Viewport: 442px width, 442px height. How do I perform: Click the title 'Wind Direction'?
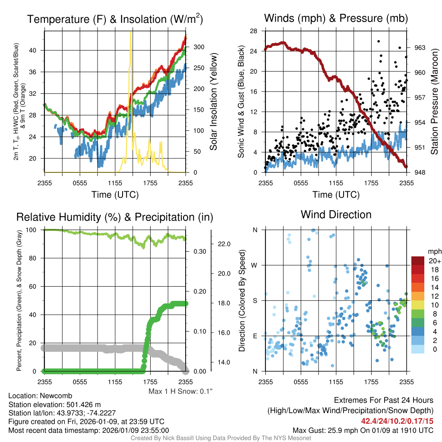(336, 215)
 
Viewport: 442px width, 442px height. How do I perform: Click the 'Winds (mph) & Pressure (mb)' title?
(336, 19)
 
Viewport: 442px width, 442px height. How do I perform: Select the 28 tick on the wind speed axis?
(254, 31)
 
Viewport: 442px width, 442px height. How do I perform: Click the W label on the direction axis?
(255, 265)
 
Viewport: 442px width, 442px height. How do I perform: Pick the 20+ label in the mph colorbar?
(434, 261)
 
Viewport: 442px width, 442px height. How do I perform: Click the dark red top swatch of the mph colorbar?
(418, 261)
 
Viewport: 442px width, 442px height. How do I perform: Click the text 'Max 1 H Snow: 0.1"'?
(180, 391)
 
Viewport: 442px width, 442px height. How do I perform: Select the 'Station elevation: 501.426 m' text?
(54, 404)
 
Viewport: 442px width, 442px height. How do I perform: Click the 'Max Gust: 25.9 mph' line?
(363, 430)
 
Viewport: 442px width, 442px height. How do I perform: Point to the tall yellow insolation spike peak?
(130, 34)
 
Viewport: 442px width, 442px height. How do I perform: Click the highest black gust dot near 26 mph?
(379, 41)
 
